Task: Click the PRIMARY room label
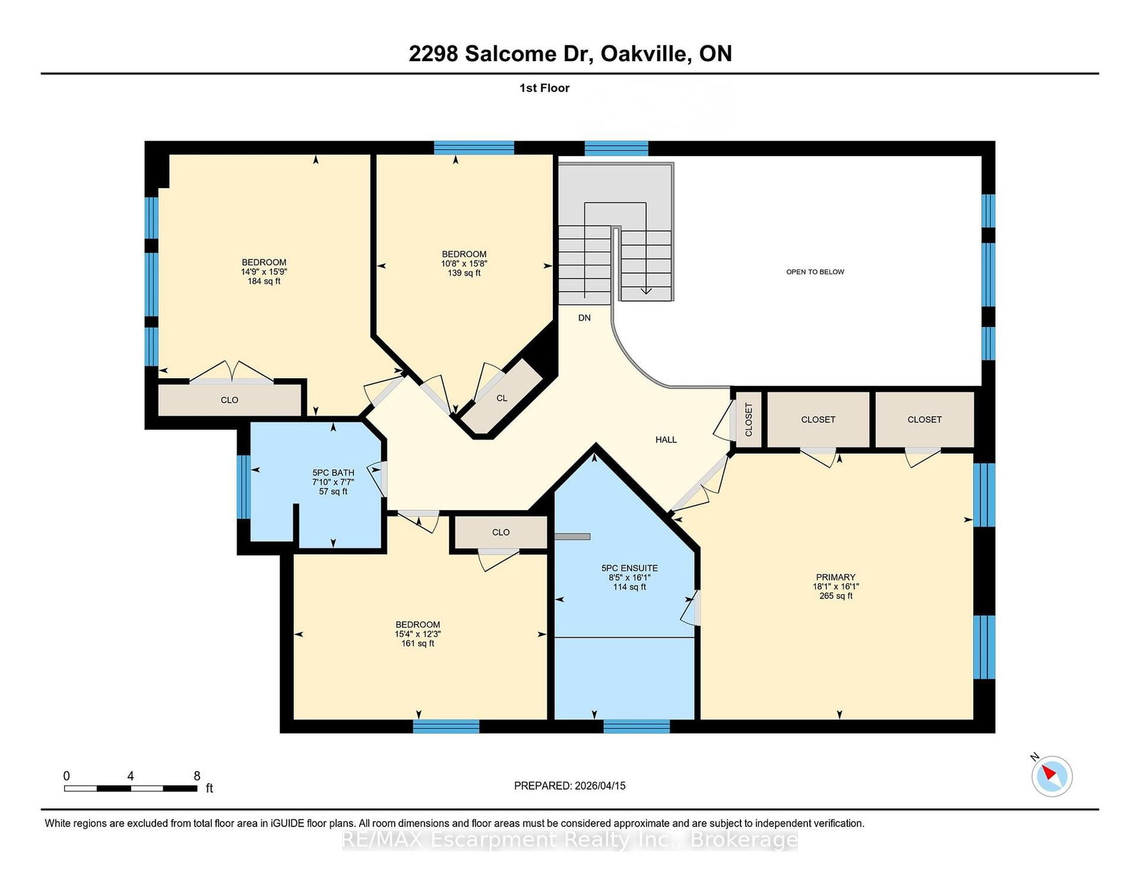pos(835,577)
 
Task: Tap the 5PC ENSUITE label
pos(629,568)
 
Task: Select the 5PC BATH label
pos(333,472)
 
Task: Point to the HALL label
pos(665,439)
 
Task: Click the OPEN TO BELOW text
pos(814,271)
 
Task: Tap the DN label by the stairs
pos(584,318)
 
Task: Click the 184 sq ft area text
pos(264,281)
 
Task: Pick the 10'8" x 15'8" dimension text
pos(464,264)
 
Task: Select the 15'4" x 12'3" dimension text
pos(418,633)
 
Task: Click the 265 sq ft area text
pos(836,595)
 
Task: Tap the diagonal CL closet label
pos(502,398)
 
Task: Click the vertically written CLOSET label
pos(749,419)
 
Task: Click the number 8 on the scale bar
pos(197,776)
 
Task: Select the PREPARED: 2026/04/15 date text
pos(570,786)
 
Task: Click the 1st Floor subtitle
pos(544,88)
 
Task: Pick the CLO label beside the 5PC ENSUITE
pos(500,532)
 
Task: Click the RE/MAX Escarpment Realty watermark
pos(570,840)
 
